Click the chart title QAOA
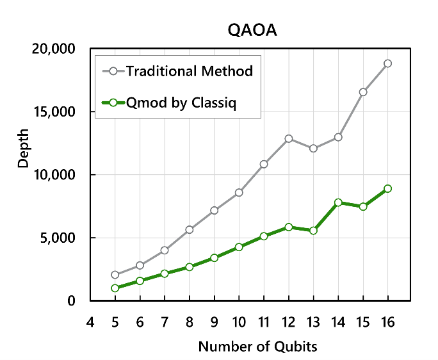tap(253, 30)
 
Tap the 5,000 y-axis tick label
tap(57, 238)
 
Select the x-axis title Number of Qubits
tap(257, 347)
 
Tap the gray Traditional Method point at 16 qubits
tap(388, 63)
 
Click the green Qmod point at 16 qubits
tap(388, 188)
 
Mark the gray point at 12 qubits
tap(289, 138)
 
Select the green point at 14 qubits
tap(338, 202)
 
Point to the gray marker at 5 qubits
tap(115, 275)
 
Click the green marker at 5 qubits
tap(115, 288)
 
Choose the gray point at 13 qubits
tap(313, 149)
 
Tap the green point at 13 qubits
tap(313, 230)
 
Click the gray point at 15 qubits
tap(363, 92)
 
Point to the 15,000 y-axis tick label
tap(54, 111)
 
